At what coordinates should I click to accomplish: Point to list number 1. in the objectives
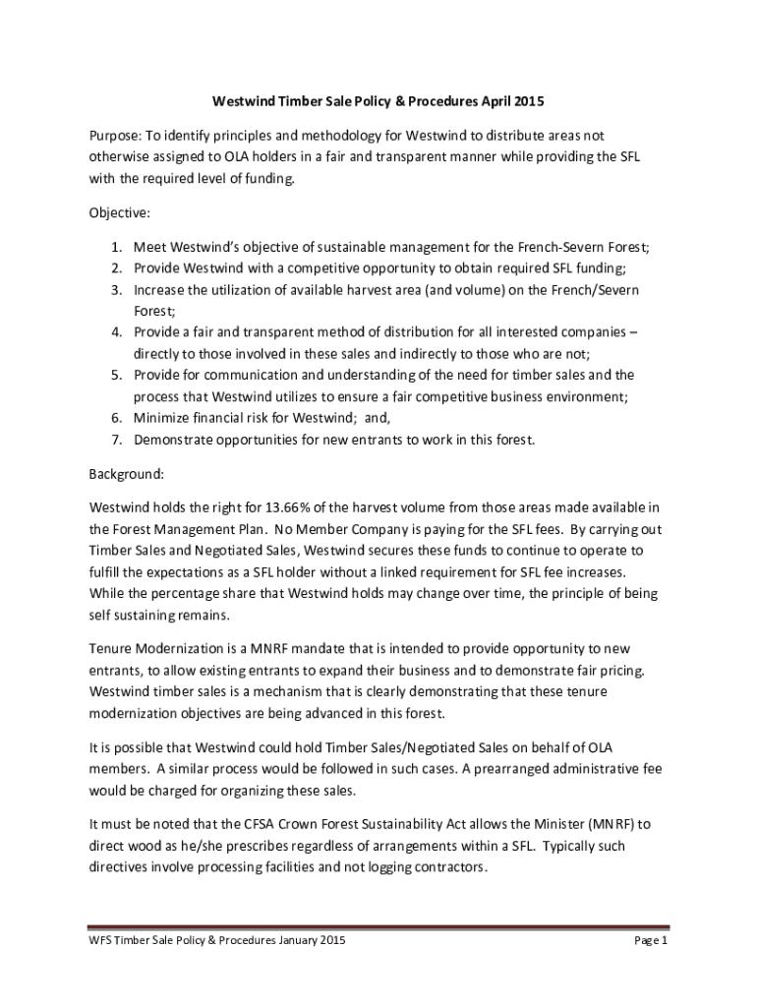pos(116,248)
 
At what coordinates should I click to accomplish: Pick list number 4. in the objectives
pos(116,331)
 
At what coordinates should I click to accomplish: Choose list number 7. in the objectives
pos(116,440)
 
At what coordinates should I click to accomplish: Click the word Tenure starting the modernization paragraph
pos(112,650)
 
